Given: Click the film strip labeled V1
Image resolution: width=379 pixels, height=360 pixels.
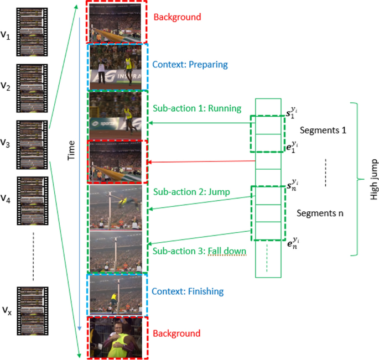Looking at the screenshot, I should pos(33,32).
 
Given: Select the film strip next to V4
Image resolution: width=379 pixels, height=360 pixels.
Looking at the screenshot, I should pos(33,198).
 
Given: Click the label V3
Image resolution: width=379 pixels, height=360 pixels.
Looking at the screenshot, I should pos(5,143).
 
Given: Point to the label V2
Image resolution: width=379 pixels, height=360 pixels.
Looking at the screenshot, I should pos(5,87).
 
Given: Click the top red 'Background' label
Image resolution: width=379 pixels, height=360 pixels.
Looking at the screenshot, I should pos(177,17).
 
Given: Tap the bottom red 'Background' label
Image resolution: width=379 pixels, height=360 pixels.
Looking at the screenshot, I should pos(177,333).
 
